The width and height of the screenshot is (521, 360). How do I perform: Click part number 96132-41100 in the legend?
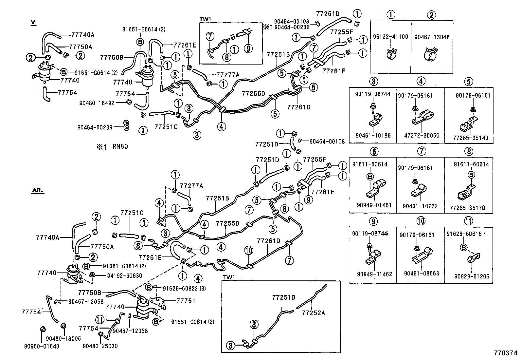(x=391, y=37)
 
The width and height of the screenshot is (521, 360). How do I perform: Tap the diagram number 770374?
(x=506, y=353)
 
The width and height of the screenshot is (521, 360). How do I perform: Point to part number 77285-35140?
(x=469, y=138)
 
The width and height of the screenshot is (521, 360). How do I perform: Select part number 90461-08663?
(x=421, y=273)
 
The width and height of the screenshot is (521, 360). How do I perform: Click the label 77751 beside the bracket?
(x=186, y=301)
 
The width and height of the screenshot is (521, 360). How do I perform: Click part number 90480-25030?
(x=100, y=346)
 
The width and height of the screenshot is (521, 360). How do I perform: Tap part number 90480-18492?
(x=97, y=103)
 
